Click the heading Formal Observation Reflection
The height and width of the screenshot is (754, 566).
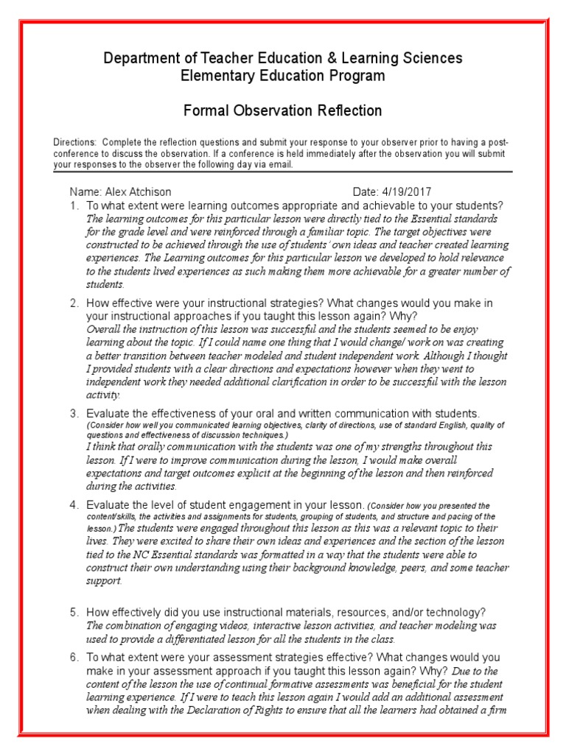(x=282, y=111)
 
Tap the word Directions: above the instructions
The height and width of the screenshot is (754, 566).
(x=74, y=141)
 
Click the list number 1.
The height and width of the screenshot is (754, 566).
(x=74, y=205)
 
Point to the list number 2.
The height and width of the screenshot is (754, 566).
(x=74, y=303)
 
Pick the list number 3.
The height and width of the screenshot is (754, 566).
(x=74, y=413)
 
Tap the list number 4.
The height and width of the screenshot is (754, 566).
(x=74, y=505)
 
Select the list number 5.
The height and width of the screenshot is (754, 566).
(x=74, y=613)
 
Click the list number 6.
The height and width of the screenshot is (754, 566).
(x=74, y=657)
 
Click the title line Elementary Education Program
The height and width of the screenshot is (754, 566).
(x=282, y=76)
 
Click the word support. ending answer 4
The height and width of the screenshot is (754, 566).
(x=104, y=581)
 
